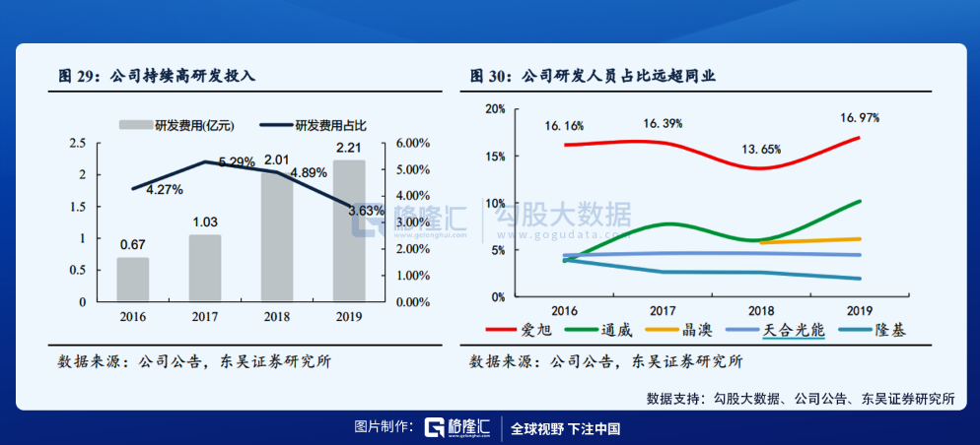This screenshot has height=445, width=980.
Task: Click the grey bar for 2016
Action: pos(132,280)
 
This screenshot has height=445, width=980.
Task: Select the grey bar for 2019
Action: pos(349,230)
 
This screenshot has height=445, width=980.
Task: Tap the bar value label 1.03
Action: pos(204,222)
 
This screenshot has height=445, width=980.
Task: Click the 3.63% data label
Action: pos(367,211)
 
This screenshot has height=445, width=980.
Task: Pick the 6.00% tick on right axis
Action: pos(413,143)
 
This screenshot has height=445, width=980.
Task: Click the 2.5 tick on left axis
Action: pos(78,143)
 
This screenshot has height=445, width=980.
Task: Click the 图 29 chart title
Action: pos(157,76)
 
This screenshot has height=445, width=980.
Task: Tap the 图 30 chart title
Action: pos(592,76)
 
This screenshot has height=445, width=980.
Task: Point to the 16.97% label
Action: pos(860,117)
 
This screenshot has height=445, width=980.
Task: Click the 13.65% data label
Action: pos(760,150)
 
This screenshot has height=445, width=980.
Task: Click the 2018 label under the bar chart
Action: pos(277,317)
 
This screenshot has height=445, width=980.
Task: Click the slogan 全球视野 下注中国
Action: pos(566,428)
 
